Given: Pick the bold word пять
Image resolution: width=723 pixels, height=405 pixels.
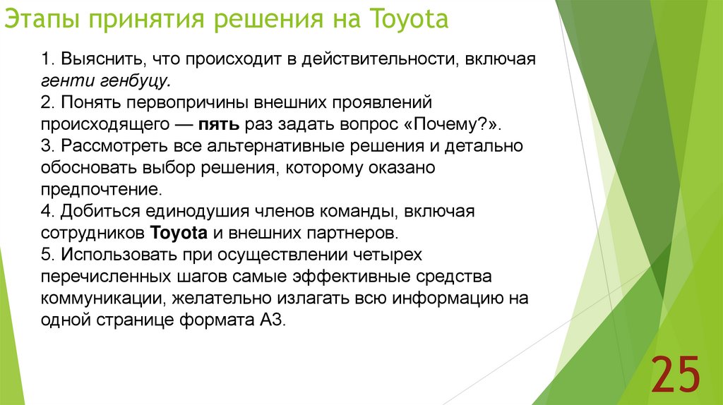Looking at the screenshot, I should tap(222, 124).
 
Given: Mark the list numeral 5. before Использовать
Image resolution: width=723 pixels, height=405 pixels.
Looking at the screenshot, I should tap(47, 254).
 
